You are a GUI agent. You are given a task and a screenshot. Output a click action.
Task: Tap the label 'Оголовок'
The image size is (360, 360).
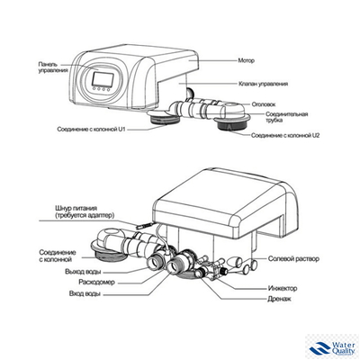pos(265,103)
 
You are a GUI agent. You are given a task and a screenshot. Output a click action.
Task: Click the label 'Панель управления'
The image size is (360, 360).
pos(52,68)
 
